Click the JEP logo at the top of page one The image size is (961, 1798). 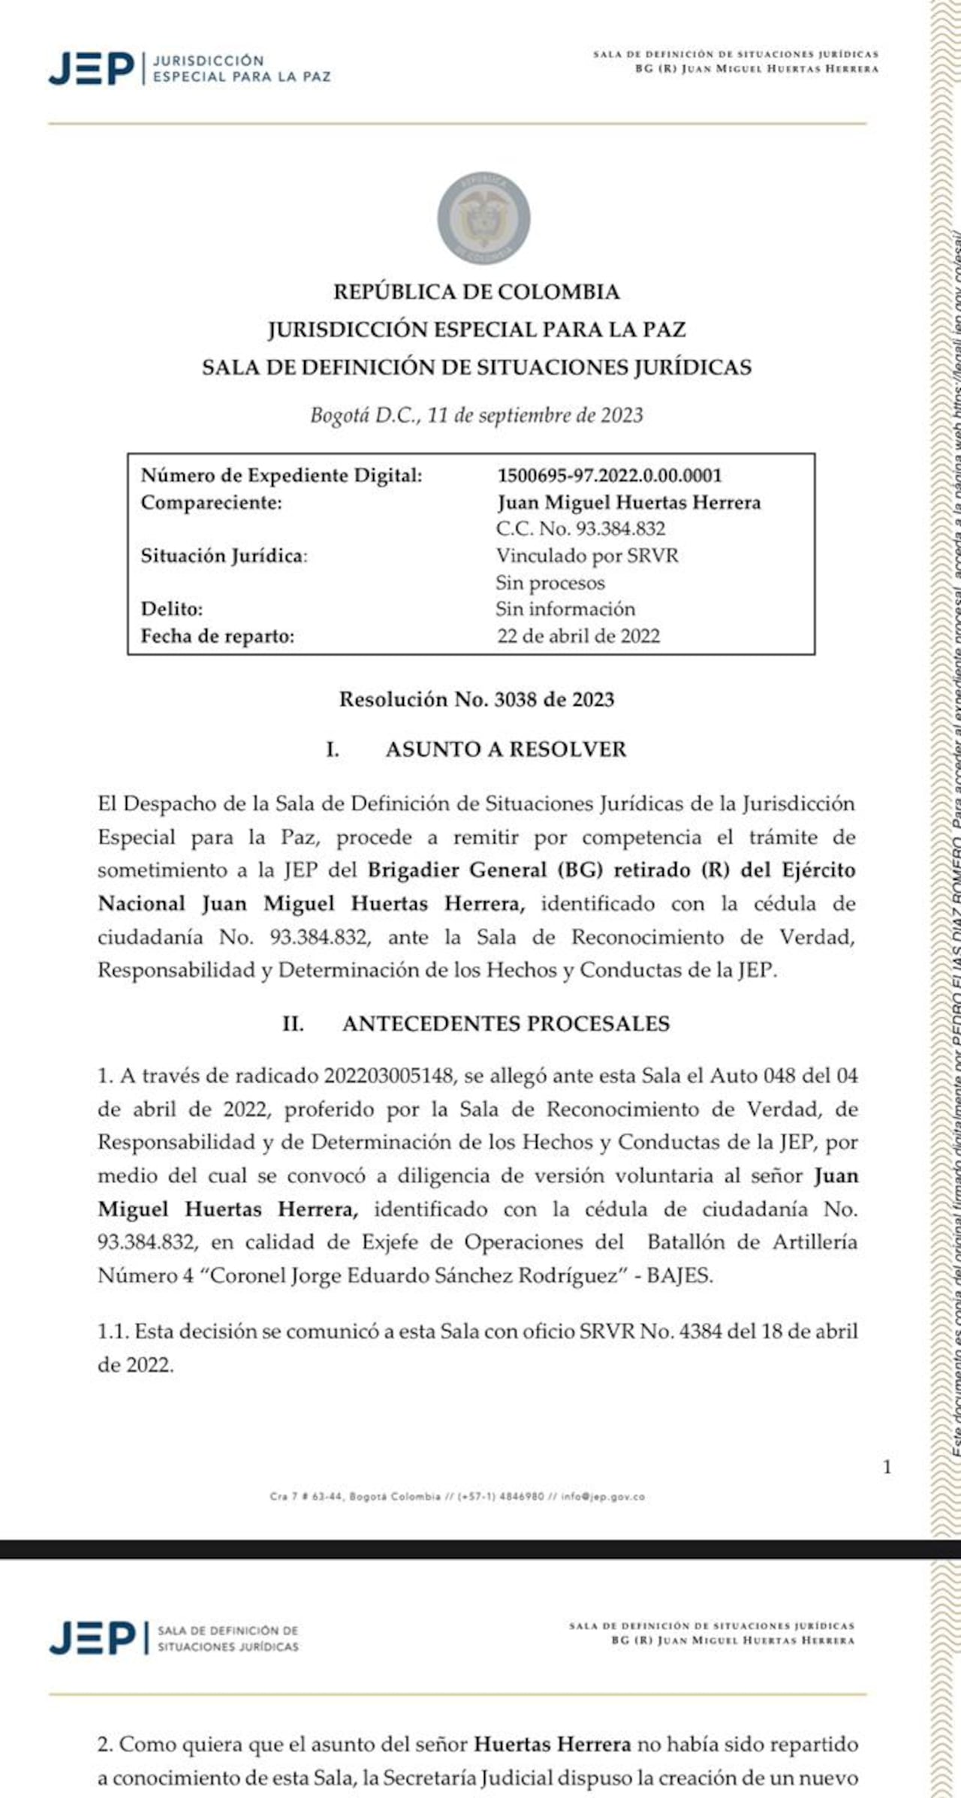92,68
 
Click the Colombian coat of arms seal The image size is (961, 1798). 484,218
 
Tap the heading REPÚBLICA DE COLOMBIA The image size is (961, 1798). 476,292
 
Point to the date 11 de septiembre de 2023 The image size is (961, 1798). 535,415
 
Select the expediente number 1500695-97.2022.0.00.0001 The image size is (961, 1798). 609,476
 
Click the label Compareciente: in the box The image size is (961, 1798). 211,503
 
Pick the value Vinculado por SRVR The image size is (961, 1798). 586,556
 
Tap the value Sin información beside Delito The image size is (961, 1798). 565,609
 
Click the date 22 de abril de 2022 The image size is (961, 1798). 578,636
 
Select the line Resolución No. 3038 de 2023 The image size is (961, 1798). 476,700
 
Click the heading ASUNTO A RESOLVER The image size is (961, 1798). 505,749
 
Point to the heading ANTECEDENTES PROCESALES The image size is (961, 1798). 505,1024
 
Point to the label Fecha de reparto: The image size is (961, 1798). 218,636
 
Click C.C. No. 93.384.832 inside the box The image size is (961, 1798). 580,529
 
